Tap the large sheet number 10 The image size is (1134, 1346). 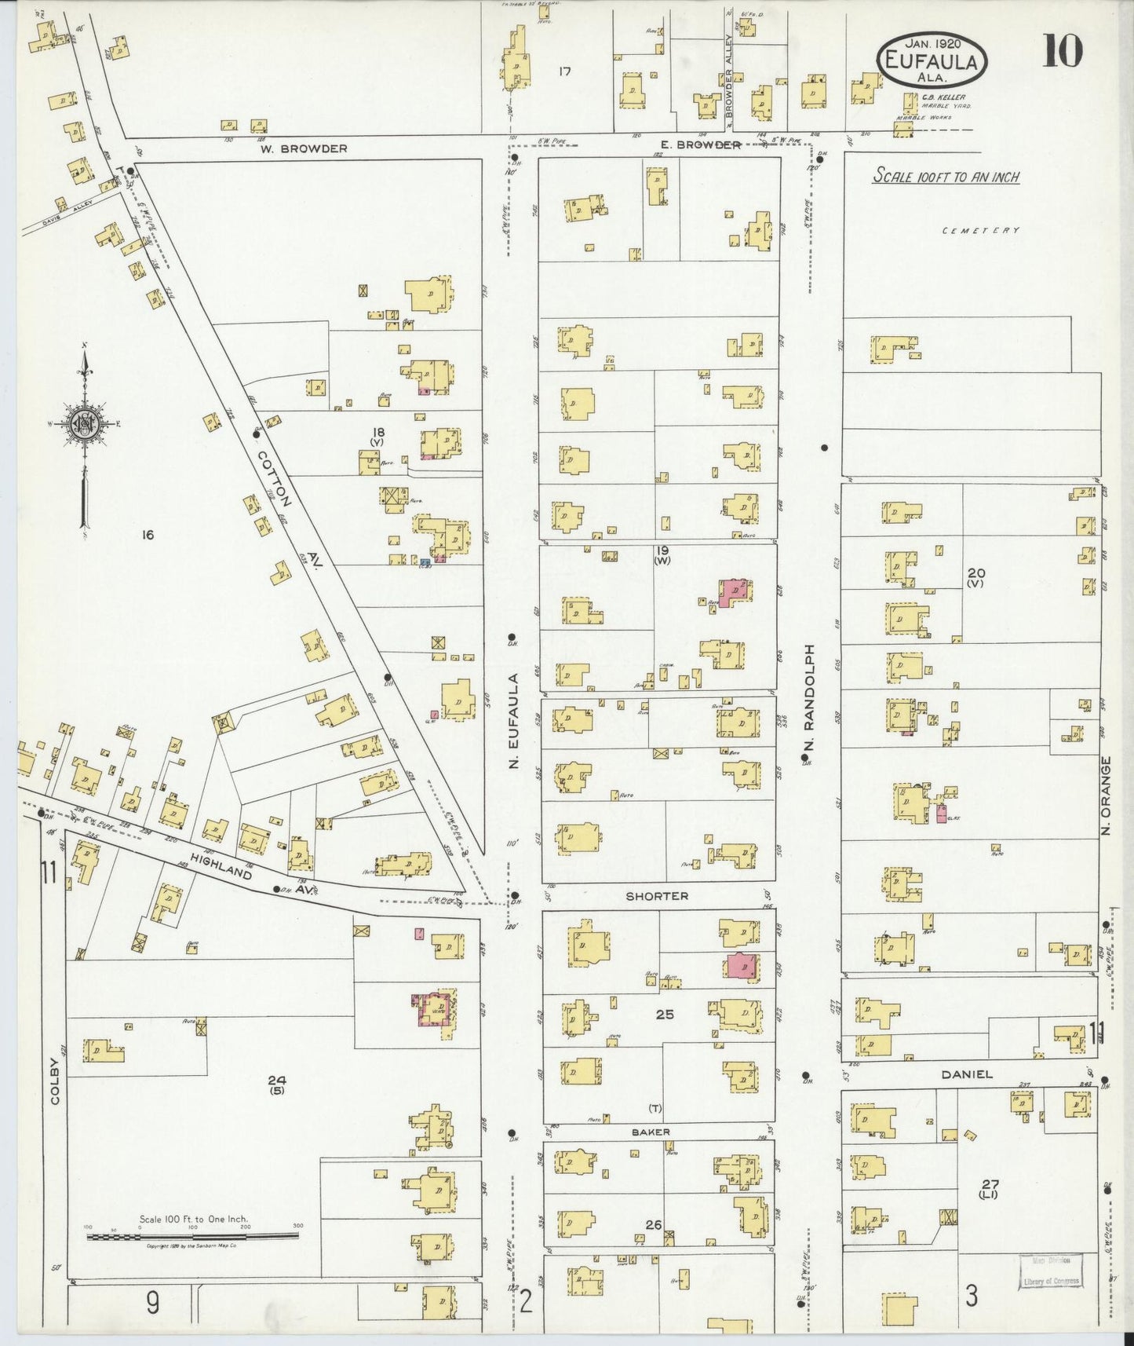[x=1063, y=52]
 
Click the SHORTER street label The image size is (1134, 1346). [x=657, y=896]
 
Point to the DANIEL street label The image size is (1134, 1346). [x=968, y=1074]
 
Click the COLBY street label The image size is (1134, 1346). [x=55, y=1081]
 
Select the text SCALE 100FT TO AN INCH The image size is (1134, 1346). [x=946, y=177]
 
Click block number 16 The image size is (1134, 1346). [x=147, y=536]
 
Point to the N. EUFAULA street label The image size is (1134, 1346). [x=515, y=720]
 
